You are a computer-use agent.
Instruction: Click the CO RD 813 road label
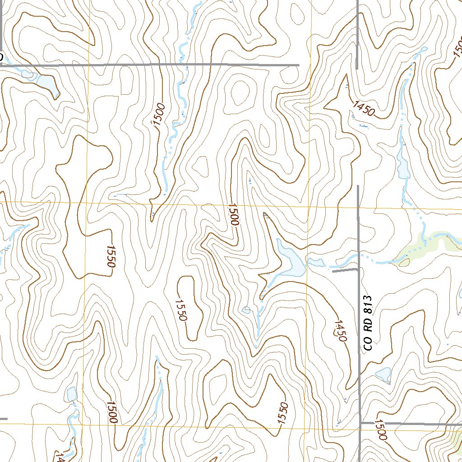369,323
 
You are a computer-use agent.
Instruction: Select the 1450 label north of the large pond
364,109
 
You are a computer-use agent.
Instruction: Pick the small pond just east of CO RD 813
383,374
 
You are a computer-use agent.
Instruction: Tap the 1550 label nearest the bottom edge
282,413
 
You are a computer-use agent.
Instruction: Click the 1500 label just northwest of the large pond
233,214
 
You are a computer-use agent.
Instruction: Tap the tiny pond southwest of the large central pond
246,310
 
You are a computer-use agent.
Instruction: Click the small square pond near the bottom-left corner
71,394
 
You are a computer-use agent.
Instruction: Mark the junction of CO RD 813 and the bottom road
360,424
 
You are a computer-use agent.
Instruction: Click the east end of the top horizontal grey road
298,65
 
